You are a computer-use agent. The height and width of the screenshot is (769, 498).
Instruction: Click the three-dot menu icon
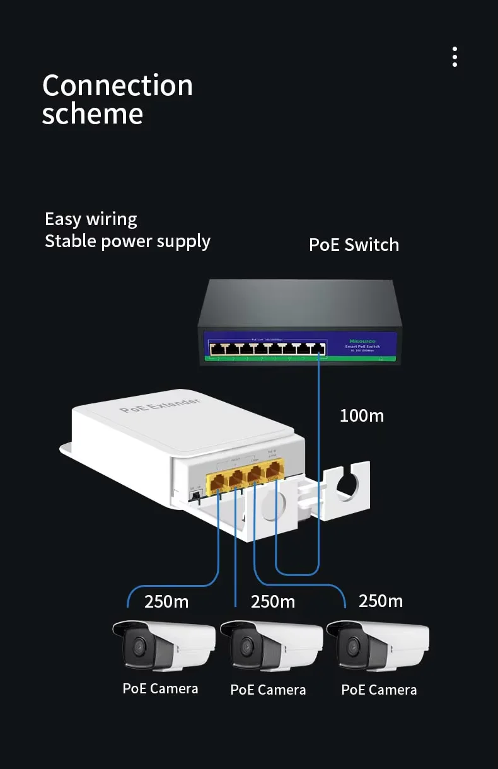click(x=455, y=57)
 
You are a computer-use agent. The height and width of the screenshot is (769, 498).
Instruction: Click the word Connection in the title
click(x=117, y=86)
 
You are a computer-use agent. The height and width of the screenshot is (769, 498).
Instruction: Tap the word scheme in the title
click(x=93, y=114)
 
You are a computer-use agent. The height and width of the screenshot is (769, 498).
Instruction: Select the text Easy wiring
click(x=91, y=219)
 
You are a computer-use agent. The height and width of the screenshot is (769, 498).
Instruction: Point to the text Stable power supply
click(x=127, y=241)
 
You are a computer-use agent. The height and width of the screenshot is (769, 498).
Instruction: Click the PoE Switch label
click(x=354, y=245)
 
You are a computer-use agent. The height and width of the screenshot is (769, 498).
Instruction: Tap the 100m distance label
click(x=361, y=415)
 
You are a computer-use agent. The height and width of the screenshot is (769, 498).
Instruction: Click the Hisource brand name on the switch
click(x=362, y=340)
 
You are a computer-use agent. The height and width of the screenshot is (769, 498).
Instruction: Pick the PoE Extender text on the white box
click(x=159, y=405)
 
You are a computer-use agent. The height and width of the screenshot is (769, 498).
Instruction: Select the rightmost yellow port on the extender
click(x=274, y=471)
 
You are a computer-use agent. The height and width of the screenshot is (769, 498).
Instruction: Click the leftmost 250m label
click(x=166, y=602)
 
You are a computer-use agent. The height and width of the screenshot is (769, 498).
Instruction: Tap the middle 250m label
click(x=273, y=602)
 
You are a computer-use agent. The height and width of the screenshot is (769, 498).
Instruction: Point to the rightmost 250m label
click(x=381, y=601)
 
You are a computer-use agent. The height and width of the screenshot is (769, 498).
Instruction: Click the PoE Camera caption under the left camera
click(x=160, y=688)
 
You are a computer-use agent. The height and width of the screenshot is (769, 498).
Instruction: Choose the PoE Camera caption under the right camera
click(x=379, y=690)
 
